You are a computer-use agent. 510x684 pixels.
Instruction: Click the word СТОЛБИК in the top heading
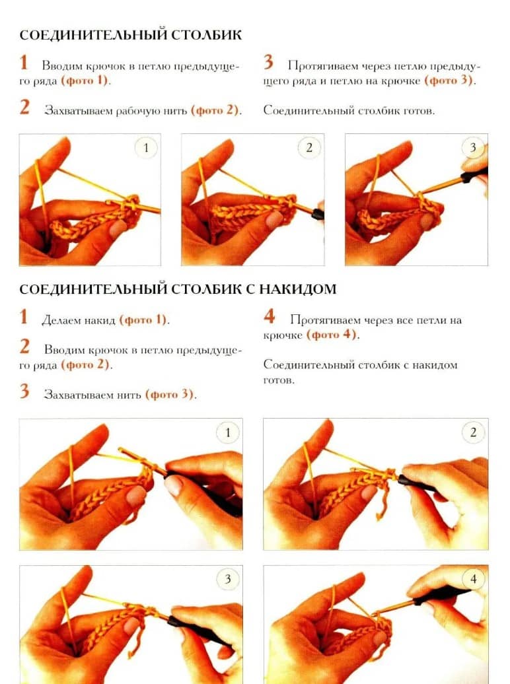206,35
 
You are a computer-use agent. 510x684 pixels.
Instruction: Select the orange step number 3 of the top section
268,62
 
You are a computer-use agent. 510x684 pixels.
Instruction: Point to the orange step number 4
269,316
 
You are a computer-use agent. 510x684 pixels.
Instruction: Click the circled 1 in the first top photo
146,148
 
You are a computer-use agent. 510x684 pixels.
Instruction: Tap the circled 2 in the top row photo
309,147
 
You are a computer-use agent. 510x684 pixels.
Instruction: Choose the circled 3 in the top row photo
473,147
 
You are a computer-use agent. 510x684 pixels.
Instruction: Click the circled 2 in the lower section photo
473,432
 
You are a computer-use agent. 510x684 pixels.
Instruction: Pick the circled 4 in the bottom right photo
473,579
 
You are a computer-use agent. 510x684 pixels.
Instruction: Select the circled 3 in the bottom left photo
227,579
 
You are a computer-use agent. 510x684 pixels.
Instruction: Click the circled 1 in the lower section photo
227,432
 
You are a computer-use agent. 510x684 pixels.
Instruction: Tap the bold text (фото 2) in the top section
215,110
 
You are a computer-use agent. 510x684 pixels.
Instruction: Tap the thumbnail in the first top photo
118,228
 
